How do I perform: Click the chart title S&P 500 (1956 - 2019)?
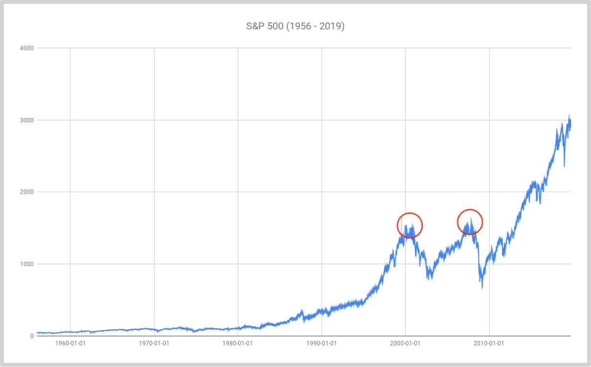pyautogui.click(x=295, y=26)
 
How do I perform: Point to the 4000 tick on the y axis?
pyautogui.click(x=27, y=48)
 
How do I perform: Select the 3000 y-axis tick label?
pyautogui.click(x=27, y=120)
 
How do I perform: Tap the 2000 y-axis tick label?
pyautogui.click(x=27, y=192)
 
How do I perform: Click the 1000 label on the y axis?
pyautogui.click(x=27, y=264)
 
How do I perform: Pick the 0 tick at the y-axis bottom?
pyautogui.click(x=31, y=336)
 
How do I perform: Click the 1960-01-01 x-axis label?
pyautogui.click(x=70, y=344)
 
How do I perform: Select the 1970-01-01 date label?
pyautogui.click(x=154, y=344)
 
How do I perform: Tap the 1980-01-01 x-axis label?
pyautogui.click(x=238, y=344)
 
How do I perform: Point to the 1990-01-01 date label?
pyautogui.click(x=321, y=344)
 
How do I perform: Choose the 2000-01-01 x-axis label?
pyautogui.click(x=405, y=344)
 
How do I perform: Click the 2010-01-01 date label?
pyautogui.click(x=489, y=344)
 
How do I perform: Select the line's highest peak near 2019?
pyautogui.click(x=569, y=116)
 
